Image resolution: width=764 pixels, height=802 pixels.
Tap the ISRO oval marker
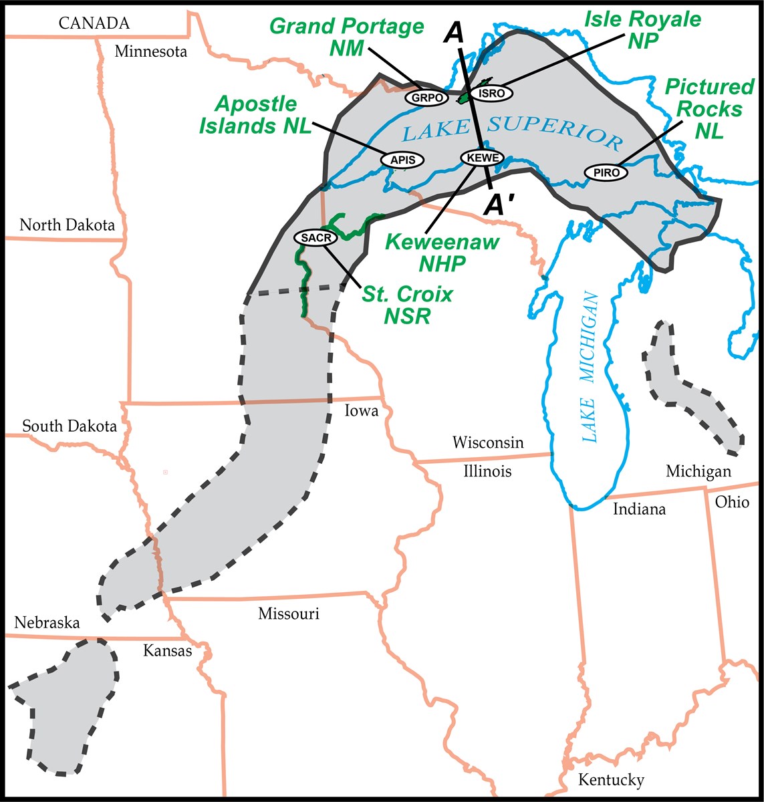click(491, 94)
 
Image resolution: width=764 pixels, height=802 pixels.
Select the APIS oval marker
click(402, 160)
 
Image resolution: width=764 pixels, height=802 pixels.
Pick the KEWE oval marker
click(481, 157)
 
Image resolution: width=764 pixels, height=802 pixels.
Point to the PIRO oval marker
click(606, 172)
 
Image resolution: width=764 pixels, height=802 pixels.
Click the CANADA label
click(94, 24)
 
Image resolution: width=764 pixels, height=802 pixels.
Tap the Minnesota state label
click(150, 51)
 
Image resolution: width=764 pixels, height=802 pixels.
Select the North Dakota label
click(67, 225)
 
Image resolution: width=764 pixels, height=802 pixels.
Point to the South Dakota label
click(70, 426)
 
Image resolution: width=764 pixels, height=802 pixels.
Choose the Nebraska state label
click(47, 623)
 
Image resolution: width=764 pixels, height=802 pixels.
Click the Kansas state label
click(167, 651)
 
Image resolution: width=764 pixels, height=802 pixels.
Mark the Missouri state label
click(289, 614)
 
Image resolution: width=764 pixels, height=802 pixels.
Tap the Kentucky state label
click(611, 780)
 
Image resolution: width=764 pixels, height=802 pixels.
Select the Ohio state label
click(732, 502)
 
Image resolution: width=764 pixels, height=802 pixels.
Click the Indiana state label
click(640, 509)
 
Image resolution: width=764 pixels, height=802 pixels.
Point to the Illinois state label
click(487, 471)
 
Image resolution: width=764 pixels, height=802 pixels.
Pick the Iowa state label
click(361, 410)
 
